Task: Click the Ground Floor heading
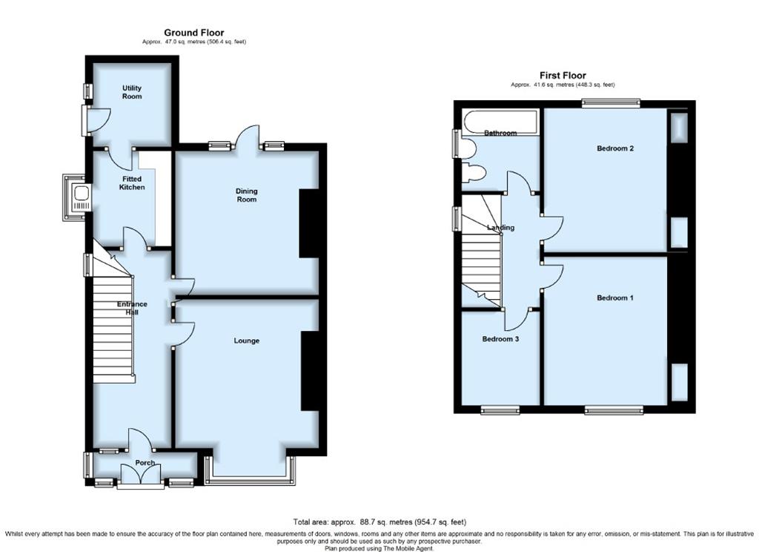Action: tap(193, 33)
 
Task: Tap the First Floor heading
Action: tap(563, 75)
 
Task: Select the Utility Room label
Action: tap(132, 92)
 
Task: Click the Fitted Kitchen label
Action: tap(132, 183)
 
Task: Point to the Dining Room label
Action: tap(246, 195)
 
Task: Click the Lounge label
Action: tap(246, 341)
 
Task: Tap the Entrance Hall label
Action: tap(132, 308)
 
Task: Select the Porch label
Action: tap(145, 463)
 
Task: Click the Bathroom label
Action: tap(500, 133)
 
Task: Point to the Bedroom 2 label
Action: tap(615, 148)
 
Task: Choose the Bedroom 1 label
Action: tap(614, 298)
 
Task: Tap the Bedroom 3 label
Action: tap(500, 339)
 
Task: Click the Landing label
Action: tap(500, 227)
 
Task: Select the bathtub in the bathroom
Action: tap(500, 122)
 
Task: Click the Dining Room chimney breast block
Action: tap(308, 223)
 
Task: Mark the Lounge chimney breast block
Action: tap(310, 371)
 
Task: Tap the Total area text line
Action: tap(379, 522)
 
